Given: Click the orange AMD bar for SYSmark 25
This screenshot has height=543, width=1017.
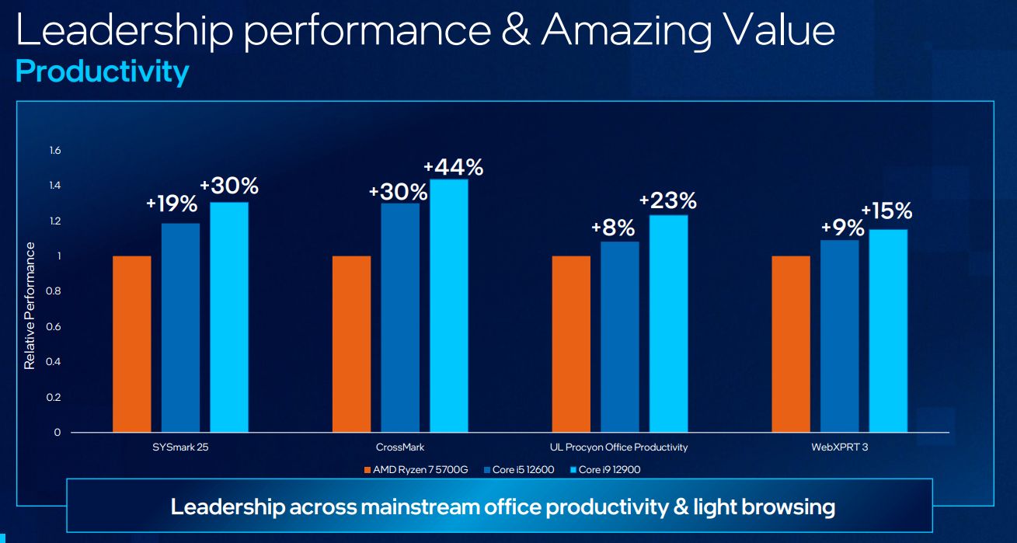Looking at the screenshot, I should pos(131,343).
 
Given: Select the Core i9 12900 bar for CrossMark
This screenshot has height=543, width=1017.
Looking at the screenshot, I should pos(449,305).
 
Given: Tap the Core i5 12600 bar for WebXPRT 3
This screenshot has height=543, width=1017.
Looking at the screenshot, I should pos(839,336).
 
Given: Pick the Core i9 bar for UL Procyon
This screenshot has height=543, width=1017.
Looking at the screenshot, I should pos(668,323).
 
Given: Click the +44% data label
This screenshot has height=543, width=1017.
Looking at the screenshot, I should pos(453,167).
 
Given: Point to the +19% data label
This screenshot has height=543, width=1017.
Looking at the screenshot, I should pos(172,204).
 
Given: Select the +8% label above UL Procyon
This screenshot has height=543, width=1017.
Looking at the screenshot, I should pos(613,228).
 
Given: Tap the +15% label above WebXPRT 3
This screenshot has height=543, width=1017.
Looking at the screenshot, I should pos(886,211).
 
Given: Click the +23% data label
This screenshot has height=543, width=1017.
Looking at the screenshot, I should pos(668,200).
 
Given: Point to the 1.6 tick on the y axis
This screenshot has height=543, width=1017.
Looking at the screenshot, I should pos(55,150).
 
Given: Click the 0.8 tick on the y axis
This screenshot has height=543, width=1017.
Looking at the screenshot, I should pos(55,291).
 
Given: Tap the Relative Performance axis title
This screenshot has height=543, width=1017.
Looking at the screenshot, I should pos(30,305).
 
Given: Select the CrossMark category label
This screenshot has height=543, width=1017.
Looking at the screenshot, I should pos(400,447).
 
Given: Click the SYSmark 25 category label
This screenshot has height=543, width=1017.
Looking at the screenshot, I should pos(180,447).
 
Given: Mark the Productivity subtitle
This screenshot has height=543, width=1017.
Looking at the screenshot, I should pos(102,71).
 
